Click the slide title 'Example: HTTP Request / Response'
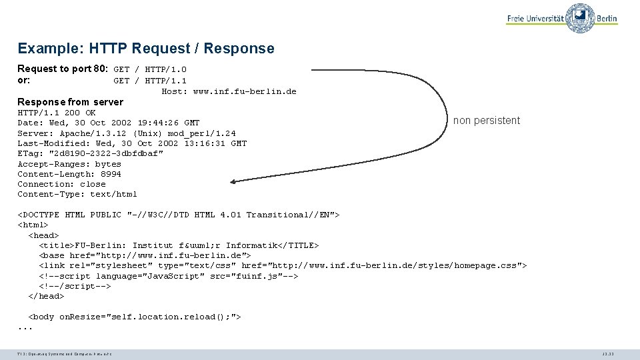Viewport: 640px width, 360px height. click(x=146, y=49)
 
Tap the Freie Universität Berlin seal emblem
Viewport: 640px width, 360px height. click(x=580, y=17)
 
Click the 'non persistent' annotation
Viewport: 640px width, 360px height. click(x=486, y=121)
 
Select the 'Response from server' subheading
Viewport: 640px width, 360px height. click(x=70, y=102)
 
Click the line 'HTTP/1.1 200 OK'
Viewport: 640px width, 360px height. click(x=57, y=113)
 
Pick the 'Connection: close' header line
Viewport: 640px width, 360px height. click(x=61, y=184)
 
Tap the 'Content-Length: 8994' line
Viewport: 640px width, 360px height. click(x=69, y=174)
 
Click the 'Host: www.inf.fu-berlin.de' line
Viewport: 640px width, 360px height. click(x=229, y=91)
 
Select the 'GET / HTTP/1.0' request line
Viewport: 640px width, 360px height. click(x=150, y=69)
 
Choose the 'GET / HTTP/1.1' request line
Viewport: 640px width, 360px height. click(x=150, y=81)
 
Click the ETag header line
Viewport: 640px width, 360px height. click(x=90, y=153)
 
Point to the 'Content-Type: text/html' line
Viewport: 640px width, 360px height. click(x=77, y=195)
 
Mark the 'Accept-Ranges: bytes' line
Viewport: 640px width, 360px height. click(x=69, y=164)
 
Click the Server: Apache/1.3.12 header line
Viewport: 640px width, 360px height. click(x=127, y=133)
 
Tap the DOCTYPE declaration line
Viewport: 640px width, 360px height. click(x=179, y=215)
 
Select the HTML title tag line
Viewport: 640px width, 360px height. click(x=179, y=245)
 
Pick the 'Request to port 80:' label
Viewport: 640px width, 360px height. click(x=63, y=69)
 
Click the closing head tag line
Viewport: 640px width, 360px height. click(x=46, y=296)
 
